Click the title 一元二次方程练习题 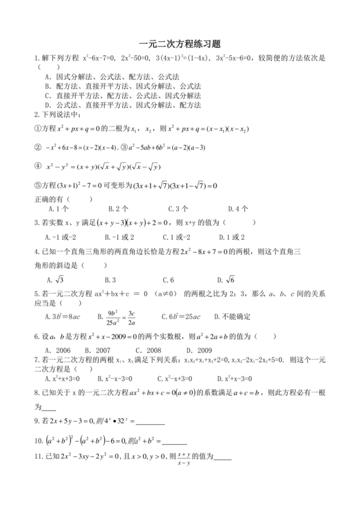179,44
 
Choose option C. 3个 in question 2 177,209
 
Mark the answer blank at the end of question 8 48,406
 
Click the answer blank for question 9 150,423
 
